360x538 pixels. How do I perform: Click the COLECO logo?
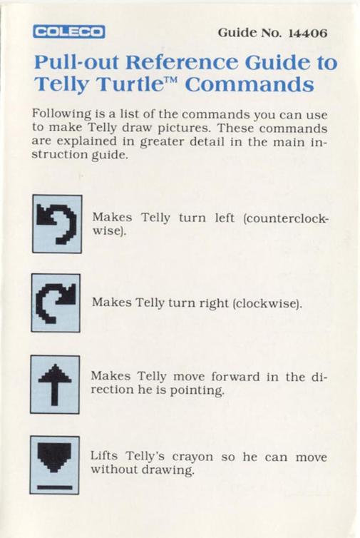tap(69, 32)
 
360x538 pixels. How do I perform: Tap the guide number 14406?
tap(308, 33)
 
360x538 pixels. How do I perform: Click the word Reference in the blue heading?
tap(182, 62)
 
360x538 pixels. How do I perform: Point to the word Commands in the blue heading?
tap(250, 84)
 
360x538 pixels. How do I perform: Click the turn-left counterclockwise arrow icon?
tap(57, 224)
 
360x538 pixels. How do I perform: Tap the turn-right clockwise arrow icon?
tap(56, 303)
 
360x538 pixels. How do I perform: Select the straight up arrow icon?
tap(55, 385)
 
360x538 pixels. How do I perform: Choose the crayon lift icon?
tap(54, 465)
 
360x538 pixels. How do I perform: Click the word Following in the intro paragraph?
tap(62, 114)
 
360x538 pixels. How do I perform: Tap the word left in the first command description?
tap(225, 218)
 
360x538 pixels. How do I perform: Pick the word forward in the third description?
tap(235, 377)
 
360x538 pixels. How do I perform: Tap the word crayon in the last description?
tap(192, 457)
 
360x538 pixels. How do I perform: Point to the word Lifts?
tap(104, 456)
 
